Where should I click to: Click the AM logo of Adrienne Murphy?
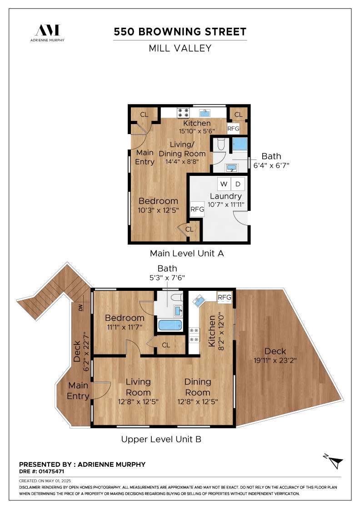coord(47,30)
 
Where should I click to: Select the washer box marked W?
coord(224,184)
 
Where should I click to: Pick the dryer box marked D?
coord(238,184)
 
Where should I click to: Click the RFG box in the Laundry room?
coord(197,210)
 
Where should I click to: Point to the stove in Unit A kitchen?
coord(183,113)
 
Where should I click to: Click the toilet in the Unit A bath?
coord(221,144)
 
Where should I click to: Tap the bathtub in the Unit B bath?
coord(170,325)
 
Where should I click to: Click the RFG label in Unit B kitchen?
coord(225,297)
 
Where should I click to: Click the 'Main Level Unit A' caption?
coord(187,253)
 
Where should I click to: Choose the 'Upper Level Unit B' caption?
coord(161,439)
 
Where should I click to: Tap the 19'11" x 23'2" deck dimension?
coord(275,360)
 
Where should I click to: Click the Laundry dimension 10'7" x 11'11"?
coord(226,205)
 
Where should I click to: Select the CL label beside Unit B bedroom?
coord(166,345)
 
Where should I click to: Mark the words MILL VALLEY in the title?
coord(180,48)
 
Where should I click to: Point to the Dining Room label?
coord(197,387)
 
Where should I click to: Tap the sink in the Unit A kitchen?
coord(205,113)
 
